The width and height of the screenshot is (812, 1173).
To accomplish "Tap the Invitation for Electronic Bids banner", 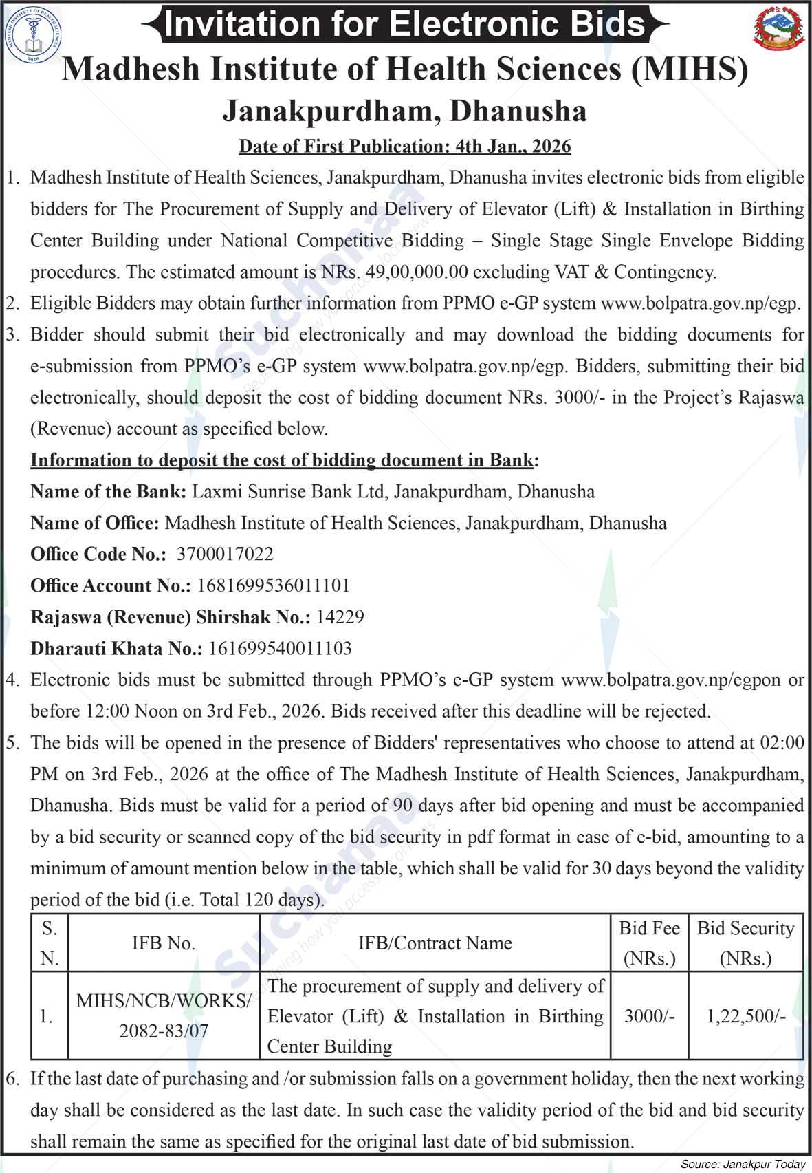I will (x=406, y=24).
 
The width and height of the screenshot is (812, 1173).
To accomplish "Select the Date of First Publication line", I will (x=404, y=146).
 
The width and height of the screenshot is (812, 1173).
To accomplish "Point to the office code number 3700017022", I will (x=225, y=554).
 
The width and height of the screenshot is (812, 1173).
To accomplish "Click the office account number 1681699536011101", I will (x=273, y=585).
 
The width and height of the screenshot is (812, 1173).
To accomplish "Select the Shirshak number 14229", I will (x=340, y=617).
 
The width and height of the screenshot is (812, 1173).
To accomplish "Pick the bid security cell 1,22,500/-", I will (x=746, y=1016).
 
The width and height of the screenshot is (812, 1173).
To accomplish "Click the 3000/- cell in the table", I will (x=649, y=1016).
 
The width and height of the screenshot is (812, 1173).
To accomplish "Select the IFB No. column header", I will (x=164, y=943).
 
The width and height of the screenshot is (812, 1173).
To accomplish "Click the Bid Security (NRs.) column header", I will (x=746, y=943).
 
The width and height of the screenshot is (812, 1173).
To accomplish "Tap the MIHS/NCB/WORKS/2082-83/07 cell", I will (x=164, y=1016).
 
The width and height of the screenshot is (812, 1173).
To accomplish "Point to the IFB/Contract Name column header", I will (x=435, y=943).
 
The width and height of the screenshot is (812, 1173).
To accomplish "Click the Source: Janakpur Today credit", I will (x=743, y=1164).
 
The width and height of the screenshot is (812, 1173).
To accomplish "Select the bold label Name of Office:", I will (x=95, y=523).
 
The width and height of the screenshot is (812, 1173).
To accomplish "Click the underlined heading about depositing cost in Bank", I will (x=282, y=460).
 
